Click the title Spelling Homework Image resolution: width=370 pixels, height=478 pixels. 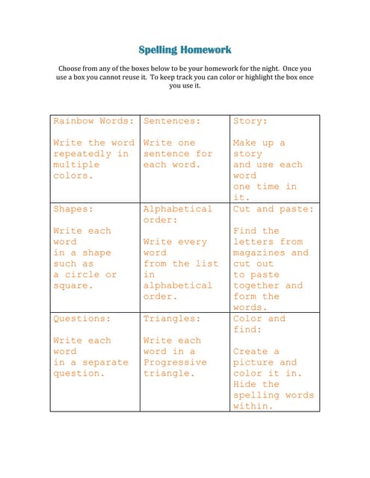[x=185, y=50]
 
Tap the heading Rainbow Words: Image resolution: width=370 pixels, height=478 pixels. [x=93, y=120]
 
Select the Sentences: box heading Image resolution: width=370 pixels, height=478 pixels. [x=172, y=120]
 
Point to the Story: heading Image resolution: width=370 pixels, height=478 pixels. [x=250, y=120]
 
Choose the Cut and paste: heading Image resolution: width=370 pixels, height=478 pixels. [x=274, y=209]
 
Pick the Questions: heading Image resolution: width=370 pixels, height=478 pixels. [x=81, y=319]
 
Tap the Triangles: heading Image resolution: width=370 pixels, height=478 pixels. [x=172, y=319]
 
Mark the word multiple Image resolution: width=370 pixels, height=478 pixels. [x=75, y=164]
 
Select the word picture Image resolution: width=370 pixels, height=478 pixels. [x=254, y=362]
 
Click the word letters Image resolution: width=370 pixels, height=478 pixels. [x=254, y=242]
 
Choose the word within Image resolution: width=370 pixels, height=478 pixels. [x=252, y=406]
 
